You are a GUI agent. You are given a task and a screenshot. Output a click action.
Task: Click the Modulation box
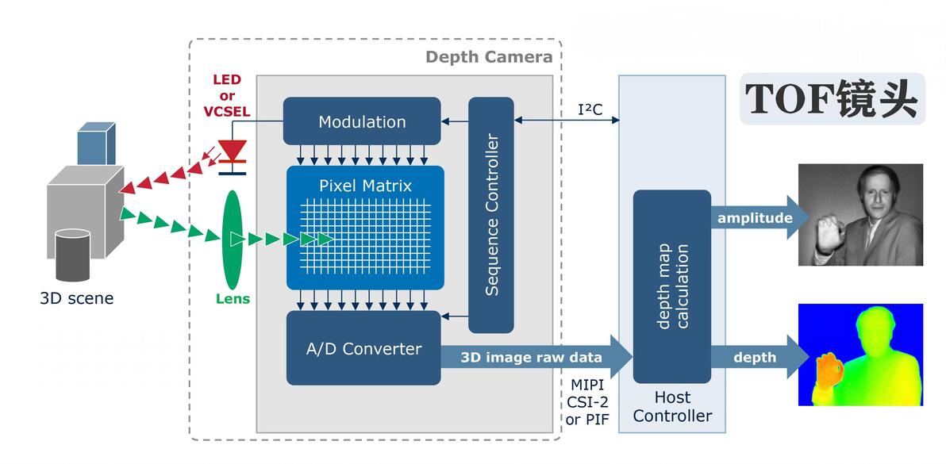[x=362, y=121]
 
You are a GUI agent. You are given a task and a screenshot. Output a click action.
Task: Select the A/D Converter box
[x=363, y=348]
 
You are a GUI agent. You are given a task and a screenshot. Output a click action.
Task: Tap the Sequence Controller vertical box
[x=491, y=215]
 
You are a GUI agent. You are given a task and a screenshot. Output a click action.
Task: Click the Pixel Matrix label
[x=365, y=186]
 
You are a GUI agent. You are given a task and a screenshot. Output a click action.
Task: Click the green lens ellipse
[x=232, y=240]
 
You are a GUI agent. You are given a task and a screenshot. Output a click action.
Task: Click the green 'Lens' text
[x=233, y=299]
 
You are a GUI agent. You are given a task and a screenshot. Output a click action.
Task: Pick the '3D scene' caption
[x=77, y=299]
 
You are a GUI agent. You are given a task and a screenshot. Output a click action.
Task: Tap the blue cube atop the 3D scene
[x=95, y=144]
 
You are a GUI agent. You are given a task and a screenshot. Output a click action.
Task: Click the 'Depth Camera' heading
[x=488, y=56]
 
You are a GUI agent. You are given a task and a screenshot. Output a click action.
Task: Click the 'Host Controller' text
[x=672, y=406]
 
